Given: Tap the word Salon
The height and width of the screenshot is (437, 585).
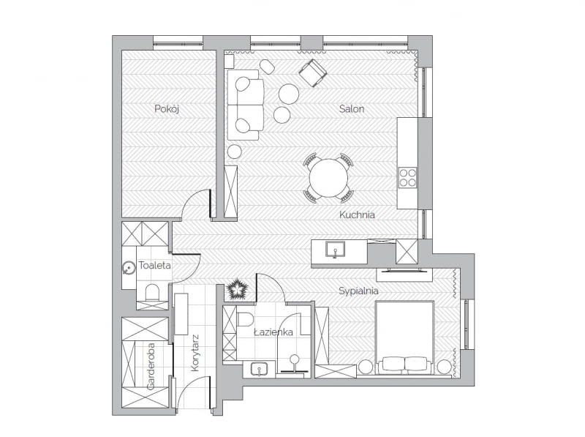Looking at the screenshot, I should pos(351,109).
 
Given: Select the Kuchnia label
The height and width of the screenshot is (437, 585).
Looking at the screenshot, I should pos(357,215).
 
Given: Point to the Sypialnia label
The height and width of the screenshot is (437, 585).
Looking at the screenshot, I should pos(358,291).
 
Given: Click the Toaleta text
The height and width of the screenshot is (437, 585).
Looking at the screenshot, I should pos(154,266).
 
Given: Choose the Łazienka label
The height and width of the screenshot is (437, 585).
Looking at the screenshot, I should pos(273,332).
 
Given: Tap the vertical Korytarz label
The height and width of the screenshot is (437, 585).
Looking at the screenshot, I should pos(195,354).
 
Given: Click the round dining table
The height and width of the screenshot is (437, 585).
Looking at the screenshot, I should pos(328,178).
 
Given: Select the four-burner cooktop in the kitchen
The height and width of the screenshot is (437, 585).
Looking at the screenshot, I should pos(407,177).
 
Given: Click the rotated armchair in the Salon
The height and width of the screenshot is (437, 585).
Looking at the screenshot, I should pos(313,72).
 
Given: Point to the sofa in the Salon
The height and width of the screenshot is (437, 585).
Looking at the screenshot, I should pos(245,105).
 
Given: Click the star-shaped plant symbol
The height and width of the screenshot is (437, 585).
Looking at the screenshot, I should pos(238,290).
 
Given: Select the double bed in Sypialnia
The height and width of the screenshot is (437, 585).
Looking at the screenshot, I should pos(404,338).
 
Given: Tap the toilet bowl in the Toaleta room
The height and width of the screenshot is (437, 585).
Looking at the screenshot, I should pos(153,293).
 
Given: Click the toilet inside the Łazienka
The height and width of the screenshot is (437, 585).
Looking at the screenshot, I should pos(245,318).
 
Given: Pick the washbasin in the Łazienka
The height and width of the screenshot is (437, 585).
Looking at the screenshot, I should pos(258,368).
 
